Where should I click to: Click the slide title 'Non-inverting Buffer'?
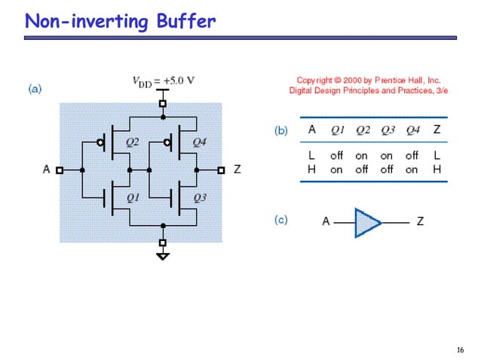pos(121,21)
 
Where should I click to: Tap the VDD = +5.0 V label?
pos(164,81)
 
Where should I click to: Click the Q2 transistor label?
pos(132,142)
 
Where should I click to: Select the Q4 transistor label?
pos(199,142)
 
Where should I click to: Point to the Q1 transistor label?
pos(133,198)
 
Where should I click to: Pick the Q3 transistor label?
pos(200,198)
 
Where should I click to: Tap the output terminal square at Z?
pos(221,170)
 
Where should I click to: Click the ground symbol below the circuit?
pos(163,255)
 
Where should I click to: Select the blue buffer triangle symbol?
pos(368,222)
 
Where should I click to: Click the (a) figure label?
pos(35,89)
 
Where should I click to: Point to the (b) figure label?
pos(280,130)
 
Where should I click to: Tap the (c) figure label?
pos(280,220)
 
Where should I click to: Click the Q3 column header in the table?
pos(387,130)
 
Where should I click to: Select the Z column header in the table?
pos(437,130)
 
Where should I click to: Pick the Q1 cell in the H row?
pos(336,169)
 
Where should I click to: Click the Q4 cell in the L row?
pos(412,156)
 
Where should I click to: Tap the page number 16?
pos(460,349)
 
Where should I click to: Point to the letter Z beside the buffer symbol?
pos(420,221)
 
